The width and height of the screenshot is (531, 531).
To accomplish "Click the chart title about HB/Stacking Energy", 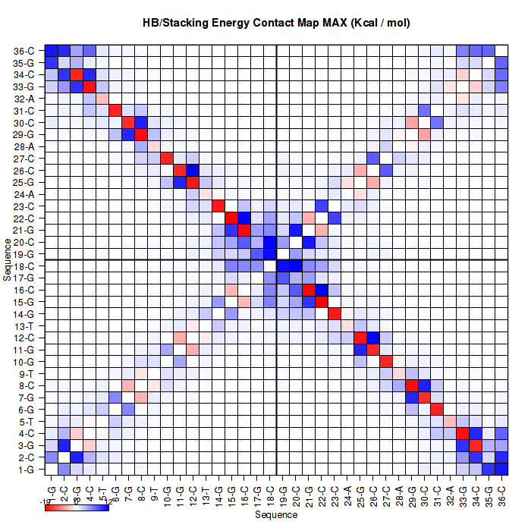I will click(x=276, y=23).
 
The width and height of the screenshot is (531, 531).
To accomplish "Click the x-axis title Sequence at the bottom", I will click(x=276, y=515).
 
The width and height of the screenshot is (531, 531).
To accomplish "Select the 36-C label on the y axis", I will click(x=24, y=51).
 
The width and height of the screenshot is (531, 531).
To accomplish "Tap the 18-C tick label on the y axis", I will click(x=24, y=266).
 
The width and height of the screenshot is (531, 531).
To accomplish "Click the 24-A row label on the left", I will click(x=24, y=194).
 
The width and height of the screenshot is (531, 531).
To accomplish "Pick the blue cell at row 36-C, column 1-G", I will click(x=52, y=51).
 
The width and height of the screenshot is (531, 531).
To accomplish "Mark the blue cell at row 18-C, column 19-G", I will click(x=282, y=266).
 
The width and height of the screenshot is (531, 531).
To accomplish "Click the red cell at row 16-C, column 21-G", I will click(x=308, y=290).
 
